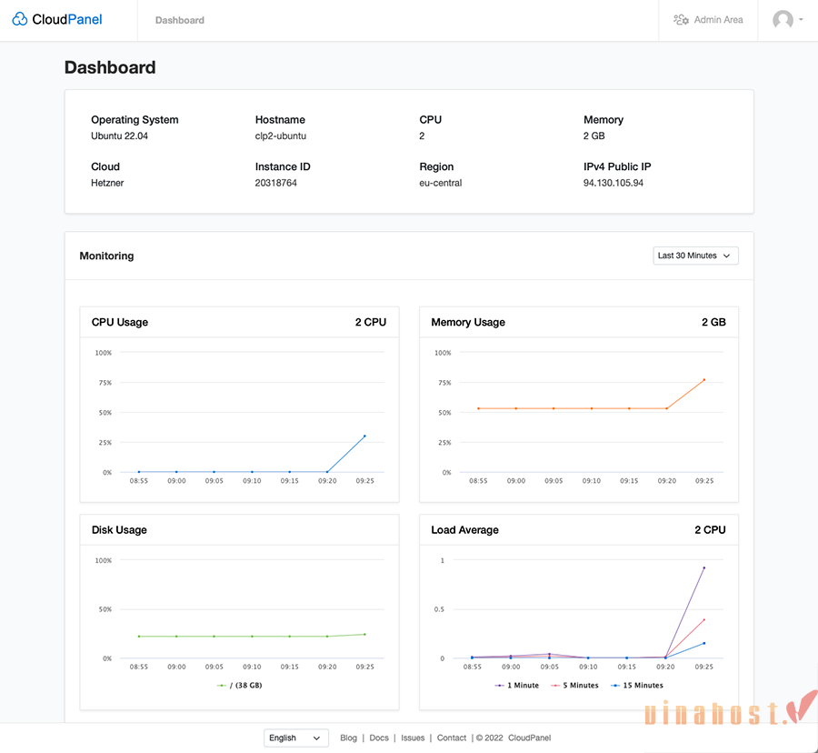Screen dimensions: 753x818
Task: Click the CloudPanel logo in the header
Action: (57, 19)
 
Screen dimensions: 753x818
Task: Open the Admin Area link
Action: (708, 19)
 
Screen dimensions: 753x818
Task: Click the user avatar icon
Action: (783, 19)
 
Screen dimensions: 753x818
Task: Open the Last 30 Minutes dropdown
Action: (695, 256)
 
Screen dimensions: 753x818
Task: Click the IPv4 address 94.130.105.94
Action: (613, 183)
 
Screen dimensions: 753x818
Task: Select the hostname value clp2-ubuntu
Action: (281, 136)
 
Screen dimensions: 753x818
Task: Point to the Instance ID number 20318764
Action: (276, 183)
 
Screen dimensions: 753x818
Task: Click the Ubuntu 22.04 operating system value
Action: (119, 136)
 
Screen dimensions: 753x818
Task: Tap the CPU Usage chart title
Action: (120, 322)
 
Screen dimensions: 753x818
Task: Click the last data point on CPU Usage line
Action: (365, 437)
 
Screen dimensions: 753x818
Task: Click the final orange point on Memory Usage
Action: (704, 380)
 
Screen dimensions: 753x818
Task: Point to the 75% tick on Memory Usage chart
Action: (444, 383)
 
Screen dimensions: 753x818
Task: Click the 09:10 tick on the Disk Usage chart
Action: (252, 667)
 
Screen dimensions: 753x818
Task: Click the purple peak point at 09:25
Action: (704, 568)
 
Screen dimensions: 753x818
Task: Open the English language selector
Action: (296, 738)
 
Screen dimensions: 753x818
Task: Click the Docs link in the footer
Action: (379, 738)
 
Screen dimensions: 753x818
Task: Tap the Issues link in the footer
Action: (413, 738)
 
